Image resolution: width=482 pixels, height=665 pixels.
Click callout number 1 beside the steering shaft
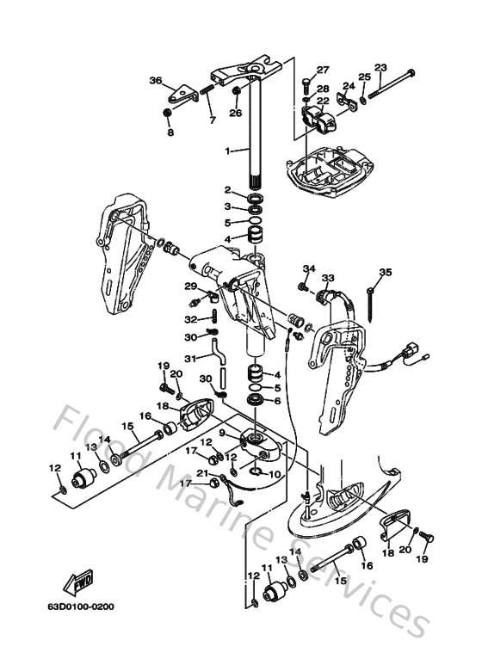coord(203,151)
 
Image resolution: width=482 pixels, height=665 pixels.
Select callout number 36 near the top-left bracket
coord(155,81)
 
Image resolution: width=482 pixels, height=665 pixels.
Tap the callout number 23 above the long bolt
coord(380,68)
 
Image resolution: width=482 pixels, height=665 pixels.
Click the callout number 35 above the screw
coord(385,273)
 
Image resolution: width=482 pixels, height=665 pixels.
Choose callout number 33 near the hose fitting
coord(327,278)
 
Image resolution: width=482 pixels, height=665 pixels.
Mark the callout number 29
coord(191,286)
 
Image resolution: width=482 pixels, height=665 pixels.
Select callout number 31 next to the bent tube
coord(191,357)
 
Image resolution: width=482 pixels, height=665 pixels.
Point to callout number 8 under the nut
coord(169,132)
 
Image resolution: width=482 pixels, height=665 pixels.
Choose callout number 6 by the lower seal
coord(276,401)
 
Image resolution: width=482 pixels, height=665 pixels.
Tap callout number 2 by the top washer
coord(228,190)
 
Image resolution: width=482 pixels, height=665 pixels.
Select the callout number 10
coord(275,473)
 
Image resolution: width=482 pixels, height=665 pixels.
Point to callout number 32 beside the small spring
coord(191,319)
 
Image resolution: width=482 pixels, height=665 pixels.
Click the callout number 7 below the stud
coord(213,120)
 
